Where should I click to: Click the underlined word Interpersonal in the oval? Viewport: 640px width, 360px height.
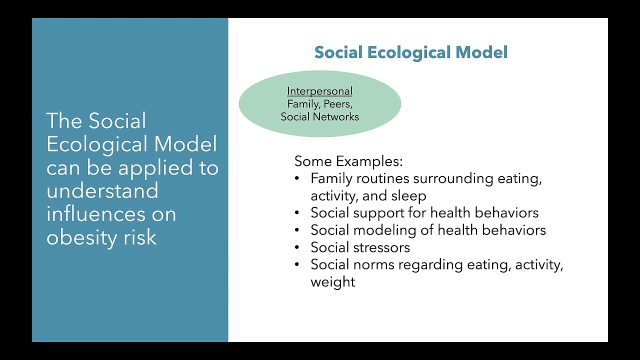(319, 91)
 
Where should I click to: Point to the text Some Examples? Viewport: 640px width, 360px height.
(348, 161)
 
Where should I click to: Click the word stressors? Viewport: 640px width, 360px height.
(381, 247)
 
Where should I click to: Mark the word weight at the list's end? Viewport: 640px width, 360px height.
(332, 282)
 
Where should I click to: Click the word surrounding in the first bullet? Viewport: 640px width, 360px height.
(453, 178)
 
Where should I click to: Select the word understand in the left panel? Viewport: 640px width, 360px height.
(102, 191)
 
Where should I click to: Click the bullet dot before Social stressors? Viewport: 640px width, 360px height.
(297, 247)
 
